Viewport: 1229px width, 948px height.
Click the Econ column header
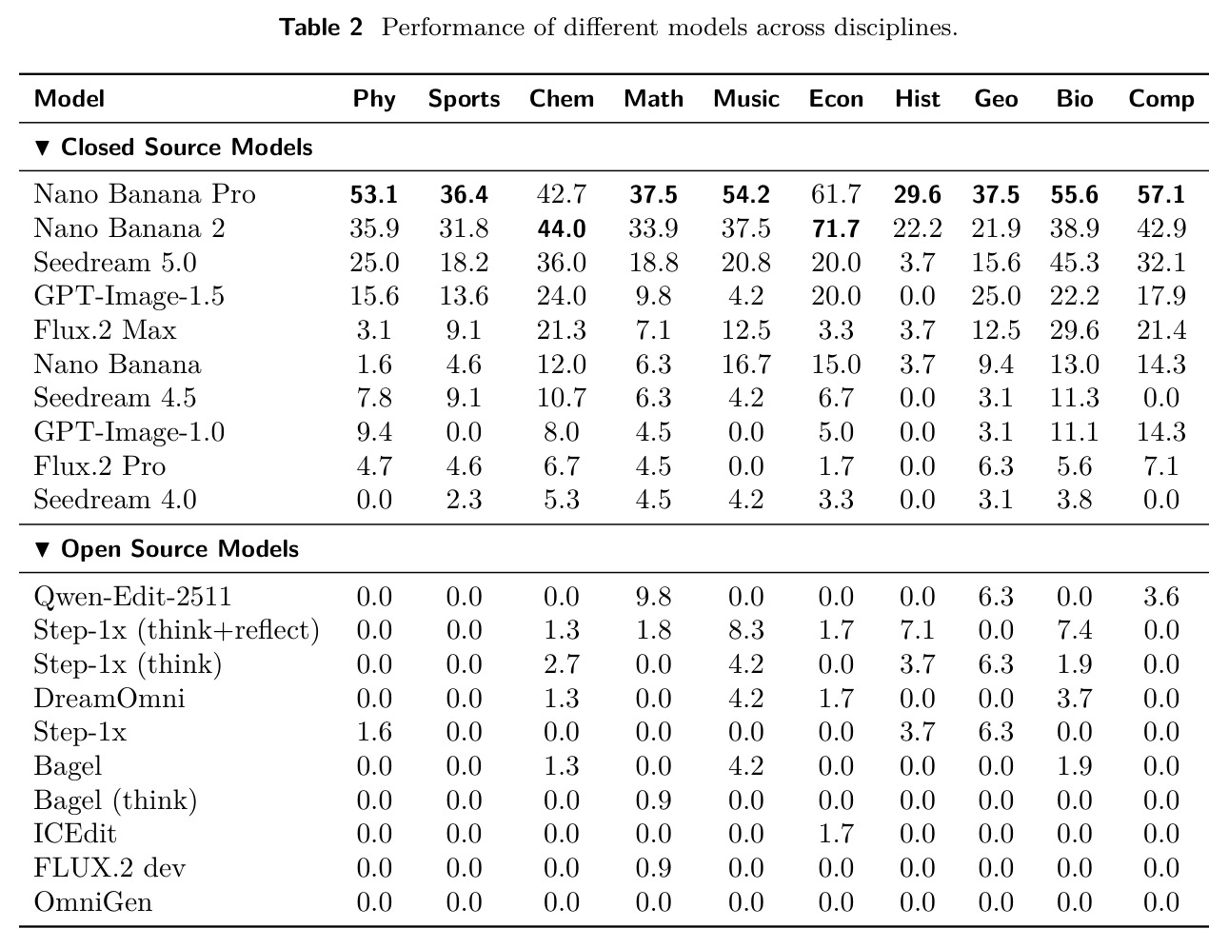point(836,99)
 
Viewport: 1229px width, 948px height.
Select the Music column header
point(746,99)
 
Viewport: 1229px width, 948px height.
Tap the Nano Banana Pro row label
point(144,194)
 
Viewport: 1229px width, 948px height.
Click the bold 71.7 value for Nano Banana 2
point(836,228)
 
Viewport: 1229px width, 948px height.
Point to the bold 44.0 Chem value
point(561,228)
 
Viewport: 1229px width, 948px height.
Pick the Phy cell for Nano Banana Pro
point(374,194)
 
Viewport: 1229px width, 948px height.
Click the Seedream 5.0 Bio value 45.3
point(1074,263)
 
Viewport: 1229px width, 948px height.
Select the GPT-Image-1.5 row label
point(129,296)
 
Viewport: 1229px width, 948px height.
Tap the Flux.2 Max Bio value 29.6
point(1074,330)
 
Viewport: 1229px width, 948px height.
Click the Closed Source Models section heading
point(173,148)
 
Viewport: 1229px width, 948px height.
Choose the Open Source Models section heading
point(167,549)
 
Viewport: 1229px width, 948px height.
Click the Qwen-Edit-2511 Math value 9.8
point(653,597)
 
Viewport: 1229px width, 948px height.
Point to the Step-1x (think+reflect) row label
point(176,630)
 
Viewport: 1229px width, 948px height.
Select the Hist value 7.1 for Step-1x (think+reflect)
point(917,630)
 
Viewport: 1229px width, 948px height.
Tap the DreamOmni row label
point(109,698)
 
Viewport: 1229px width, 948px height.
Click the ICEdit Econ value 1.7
point(836,834)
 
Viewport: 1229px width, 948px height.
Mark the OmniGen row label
point(92,901)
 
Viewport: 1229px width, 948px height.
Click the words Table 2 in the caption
point(321,28)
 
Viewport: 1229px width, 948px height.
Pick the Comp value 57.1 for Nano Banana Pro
point(1161,194)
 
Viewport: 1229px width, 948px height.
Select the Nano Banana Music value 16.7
point(746,364)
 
